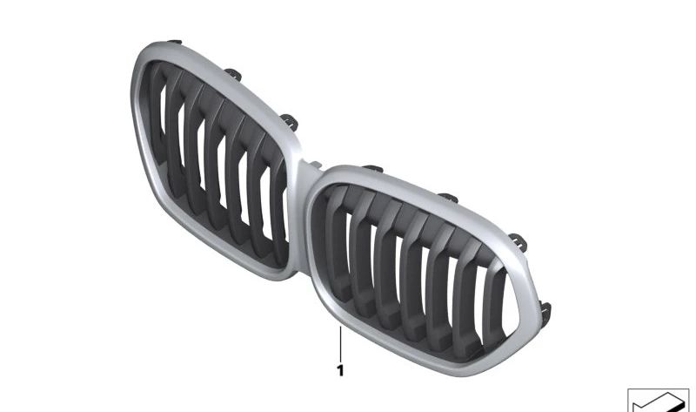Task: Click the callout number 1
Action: click(340, 371)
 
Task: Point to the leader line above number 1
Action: click(340, 343)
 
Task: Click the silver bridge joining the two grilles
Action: click(306, 172)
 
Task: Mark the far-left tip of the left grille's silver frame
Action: click(134, 96)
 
